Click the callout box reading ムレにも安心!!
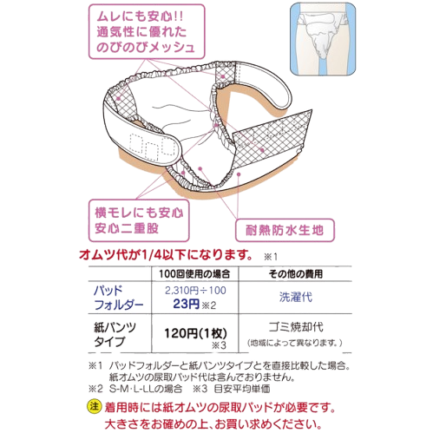pyautogui.click(x=147, y=31)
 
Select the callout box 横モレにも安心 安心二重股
pyautogui.click(x=139, y=220)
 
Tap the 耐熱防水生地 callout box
pyautogui.click(x=285, y=230)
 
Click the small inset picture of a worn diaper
pyautogui.click(x=323, y=39)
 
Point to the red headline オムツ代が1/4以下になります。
pyautogui.click(x=166, y=255)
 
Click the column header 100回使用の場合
pyautogui.click(x=194, y=273)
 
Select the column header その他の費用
pyautogui.click(x=295, y=273)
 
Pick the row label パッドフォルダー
pyautogui.click(x=119, y=298)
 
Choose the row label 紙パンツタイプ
pyautogui.click(x=115, y=334)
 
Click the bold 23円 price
pyautogui.click(x=187, y=304)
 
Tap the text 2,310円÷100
pyautogui.click(x=195, y=291)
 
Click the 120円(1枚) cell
pyautogui.click(x=195, y=333)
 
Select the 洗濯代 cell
pyautogui.click(x=296, y=297)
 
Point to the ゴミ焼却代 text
pyautogui.click(x=296, y=327)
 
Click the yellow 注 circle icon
pyautogui.click(x=95, y=406)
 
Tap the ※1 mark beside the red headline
pyautogui.click(x=271, y=257)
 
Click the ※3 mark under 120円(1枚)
pyautogui.click(x=219, y=345)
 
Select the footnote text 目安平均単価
pyautogui.click(x=242, y=389)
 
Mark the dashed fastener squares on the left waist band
pyautogui.click(x=152, y=147)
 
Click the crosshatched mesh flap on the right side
pyautogui.click(x=272, y=138)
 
